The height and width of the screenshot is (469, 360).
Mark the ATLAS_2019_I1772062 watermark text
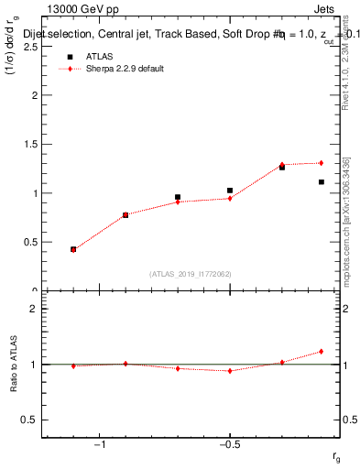[x=191, y=274]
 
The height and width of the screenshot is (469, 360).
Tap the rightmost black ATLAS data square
[x=322, y=181]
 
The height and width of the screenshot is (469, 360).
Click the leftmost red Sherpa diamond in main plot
[x=73, y=249]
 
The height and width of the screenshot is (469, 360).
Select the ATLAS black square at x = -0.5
[x=230, y=191]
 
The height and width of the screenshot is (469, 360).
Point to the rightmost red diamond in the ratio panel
[x=322, y=351]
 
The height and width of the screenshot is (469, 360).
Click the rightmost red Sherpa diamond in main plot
[x=322, y=163]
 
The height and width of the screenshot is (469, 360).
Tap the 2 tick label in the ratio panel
[x=33, y=309]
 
